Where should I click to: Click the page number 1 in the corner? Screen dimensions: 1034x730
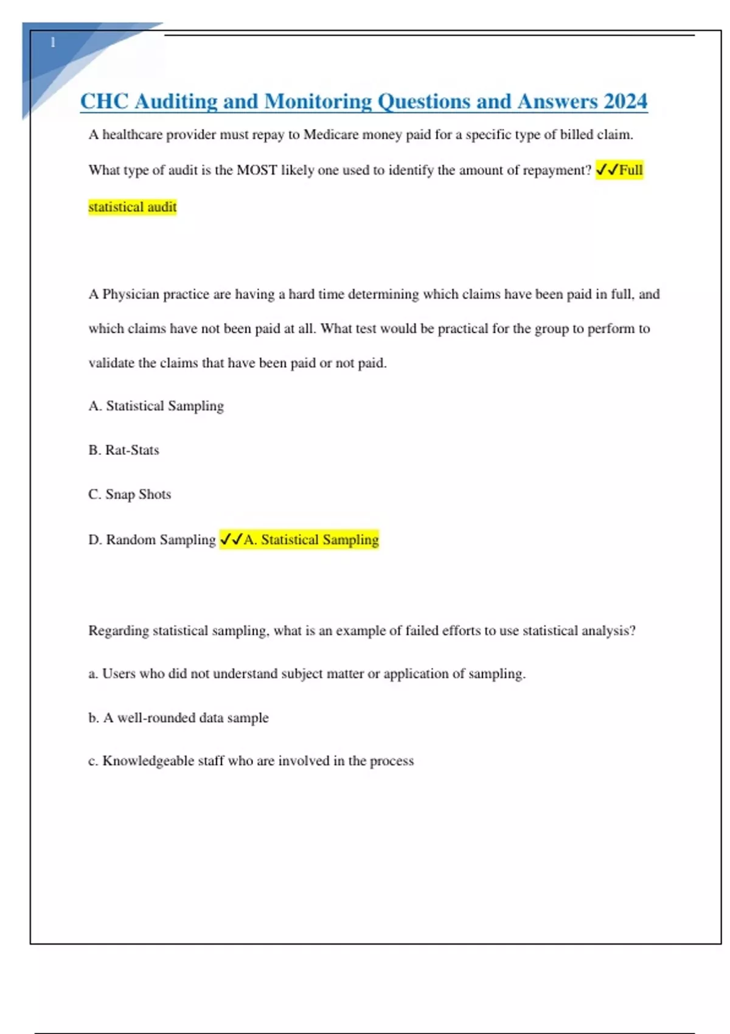click(x=53, y=43)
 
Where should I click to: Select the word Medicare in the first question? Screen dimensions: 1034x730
click(x=331, y=134)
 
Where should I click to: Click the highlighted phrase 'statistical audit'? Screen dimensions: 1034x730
click(x=133, y=207)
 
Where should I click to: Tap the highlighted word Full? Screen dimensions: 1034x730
click(x=631, y=170)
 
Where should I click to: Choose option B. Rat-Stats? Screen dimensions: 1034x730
click(x=123, y=450)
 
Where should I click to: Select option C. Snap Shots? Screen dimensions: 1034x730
click(x=130, y=494)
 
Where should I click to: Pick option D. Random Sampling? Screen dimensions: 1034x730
click(x=152, y=540)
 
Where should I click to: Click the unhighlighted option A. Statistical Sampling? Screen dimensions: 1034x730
click(x=156, y=406)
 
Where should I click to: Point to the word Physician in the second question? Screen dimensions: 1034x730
click(x=130, y=294)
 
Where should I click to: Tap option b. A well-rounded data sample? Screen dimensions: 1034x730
click(x=178, y=718)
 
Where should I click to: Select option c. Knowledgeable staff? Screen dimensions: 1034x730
click(x=251, y=761)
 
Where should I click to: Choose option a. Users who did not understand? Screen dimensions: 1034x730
click(x=307, y=674)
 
